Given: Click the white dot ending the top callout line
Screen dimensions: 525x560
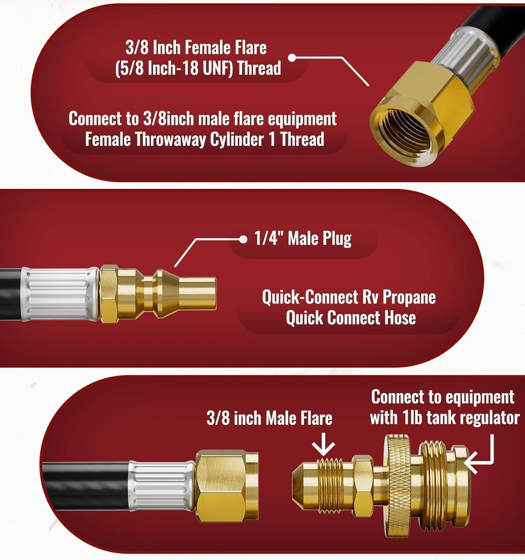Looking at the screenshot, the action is pyautogui.click(x=293, y=58).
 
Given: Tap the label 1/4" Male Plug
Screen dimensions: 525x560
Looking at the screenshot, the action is pyautogui.click(x=303, y=239).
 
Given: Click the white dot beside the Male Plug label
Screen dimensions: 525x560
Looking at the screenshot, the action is pyautogui.click(x=243, y=239).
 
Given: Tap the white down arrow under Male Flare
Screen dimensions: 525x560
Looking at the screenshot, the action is pyautogui.click(x=323, y=445).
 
